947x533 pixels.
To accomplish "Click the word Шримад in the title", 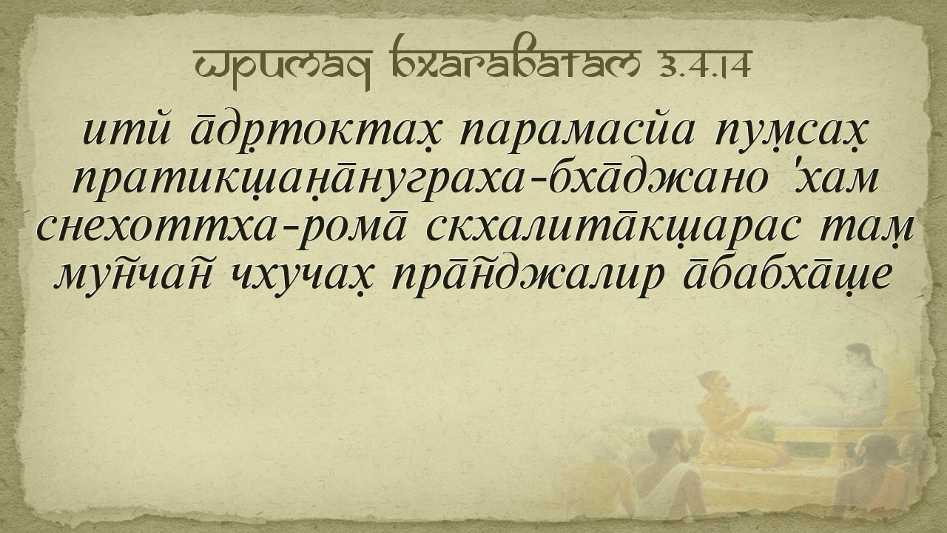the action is (283, 67).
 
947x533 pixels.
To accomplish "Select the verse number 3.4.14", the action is (699, 66).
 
